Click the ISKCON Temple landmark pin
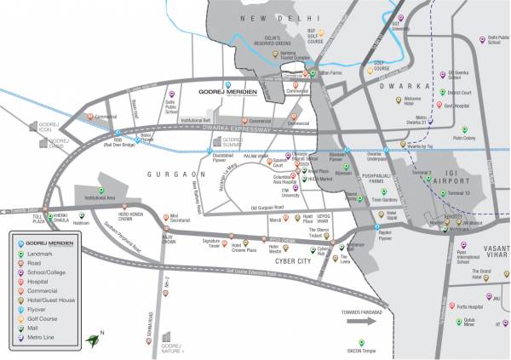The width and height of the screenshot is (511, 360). pos(361,342)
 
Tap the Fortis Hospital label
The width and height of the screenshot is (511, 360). pos(467,306)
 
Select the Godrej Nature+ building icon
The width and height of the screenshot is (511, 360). pos(167,335)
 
